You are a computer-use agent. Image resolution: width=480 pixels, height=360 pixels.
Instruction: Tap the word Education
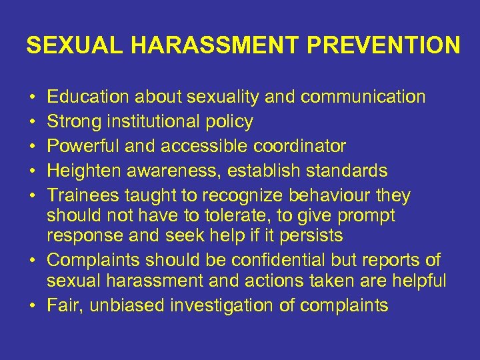[x=89, y=97]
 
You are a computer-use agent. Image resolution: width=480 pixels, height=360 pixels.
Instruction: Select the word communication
[x=363, y=97]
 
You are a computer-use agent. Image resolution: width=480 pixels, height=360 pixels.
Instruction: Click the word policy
[x=231, y=122]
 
